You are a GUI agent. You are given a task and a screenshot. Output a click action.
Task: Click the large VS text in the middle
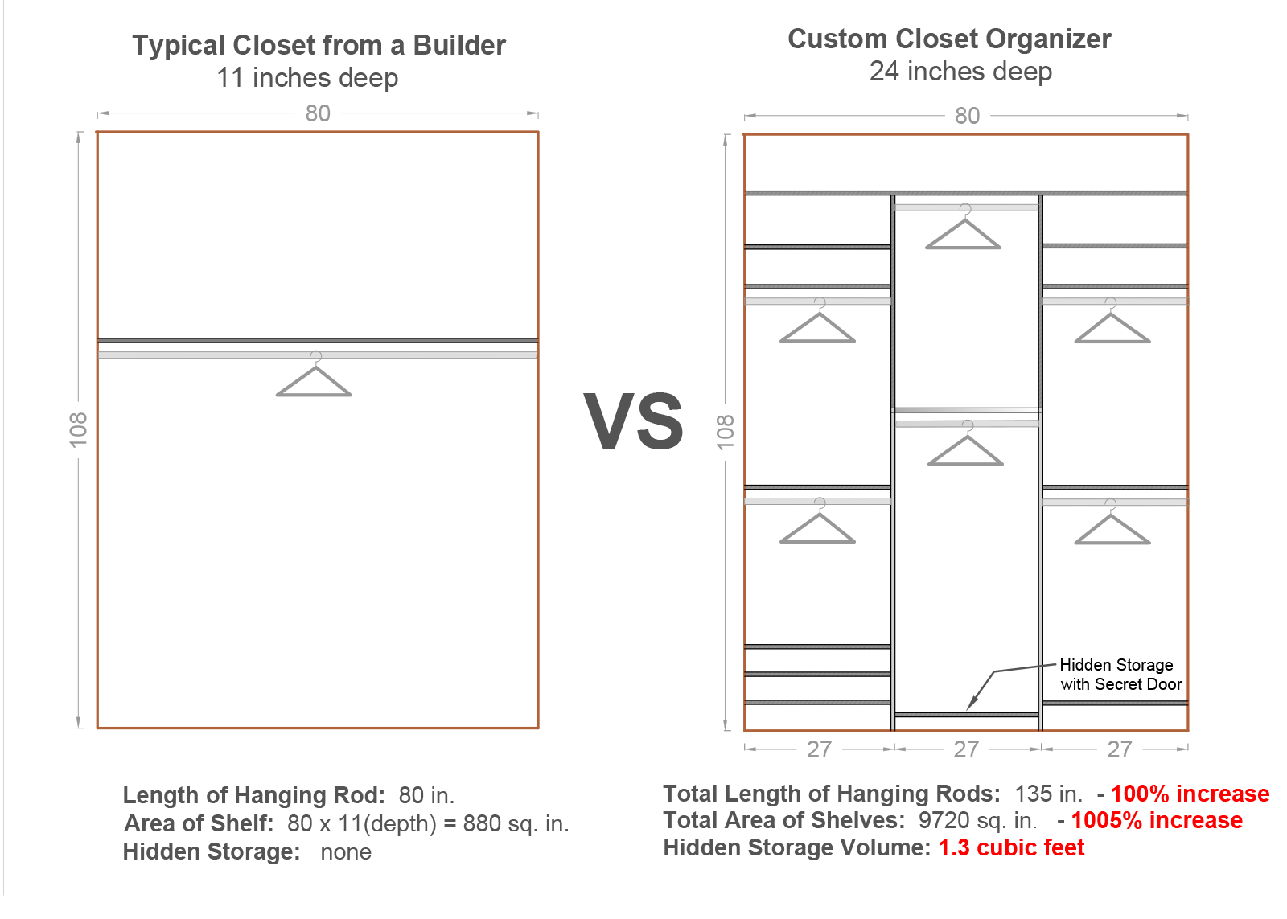633,422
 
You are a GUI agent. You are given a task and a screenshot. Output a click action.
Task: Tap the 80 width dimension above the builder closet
318,113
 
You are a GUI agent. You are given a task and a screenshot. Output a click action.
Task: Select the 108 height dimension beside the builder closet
78,429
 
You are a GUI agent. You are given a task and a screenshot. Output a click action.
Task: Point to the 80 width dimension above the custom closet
967,116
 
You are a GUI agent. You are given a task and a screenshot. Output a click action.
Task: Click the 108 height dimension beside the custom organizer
726,432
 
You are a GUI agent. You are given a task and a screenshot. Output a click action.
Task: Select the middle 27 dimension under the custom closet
966,749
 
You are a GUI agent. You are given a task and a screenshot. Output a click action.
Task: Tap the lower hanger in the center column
965,449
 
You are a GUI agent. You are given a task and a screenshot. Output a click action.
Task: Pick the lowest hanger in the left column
817,527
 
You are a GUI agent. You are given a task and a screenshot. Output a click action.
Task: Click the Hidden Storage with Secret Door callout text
1119,675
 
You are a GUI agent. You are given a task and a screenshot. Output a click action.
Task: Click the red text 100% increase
1190,794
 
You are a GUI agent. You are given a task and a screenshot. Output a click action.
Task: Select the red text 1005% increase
1156,820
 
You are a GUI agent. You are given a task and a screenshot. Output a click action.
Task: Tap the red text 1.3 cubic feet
1011,847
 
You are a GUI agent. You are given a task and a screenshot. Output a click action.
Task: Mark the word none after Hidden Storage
346,852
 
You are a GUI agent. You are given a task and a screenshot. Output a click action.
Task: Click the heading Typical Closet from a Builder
319,46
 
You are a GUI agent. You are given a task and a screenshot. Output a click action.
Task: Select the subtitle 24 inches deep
960,72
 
